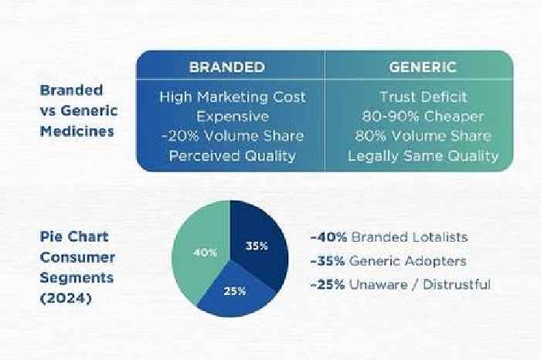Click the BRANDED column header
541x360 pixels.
(x=227, y=67)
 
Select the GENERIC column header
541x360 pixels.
(x=423, y=67)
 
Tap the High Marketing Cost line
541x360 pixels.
(x=233, y=97)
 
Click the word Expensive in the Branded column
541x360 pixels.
(x=233, y=117)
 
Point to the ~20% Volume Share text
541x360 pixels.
(x=233, y=136)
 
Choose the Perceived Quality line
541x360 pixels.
(x=233, y=156)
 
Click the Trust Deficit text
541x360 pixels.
(x=423, y=97)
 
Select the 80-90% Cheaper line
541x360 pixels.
(x=423, y=117)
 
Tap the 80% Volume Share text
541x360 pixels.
(x=423, y=136)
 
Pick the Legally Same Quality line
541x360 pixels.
(x=423, y=156)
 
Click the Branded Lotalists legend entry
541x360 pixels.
(x=390, y=237)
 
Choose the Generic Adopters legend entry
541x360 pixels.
(x=388, y=261)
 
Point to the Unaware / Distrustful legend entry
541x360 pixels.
(x=400, y=285)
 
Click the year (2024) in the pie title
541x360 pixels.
(x=66, y=298)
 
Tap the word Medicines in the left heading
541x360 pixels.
(x=77, y=131)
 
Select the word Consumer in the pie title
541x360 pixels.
(x=77, y=257)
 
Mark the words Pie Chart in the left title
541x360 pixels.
(x=74, y=236)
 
